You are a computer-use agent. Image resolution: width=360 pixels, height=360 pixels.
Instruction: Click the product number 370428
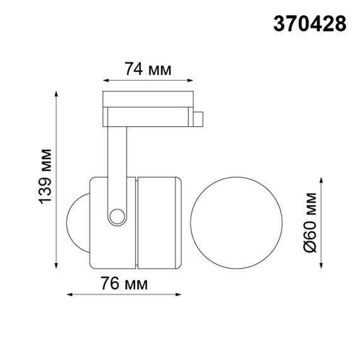(309, 23)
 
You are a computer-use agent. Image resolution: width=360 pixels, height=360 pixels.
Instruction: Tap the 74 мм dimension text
(148, 69)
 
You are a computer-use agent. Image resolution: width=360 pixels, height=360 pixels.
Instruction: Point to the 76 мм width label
(125, 284)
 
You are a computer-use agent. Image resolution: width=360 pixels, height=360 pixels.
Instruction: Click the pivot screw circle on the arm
(116, 217)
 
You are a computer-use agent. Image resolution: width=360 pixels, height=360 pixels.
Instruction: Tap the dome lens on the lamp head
(78, 222)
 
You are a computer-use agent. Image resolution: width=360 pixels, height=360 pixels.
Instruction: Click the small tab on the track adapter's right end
(198, 119)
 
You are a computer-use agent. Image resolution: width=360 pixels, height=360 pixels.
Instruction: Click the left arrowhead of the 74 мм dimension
(105, 81)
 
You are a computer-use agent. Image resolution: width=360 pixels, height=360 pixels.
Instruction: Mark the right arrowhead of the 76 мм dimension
(181, 294)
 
